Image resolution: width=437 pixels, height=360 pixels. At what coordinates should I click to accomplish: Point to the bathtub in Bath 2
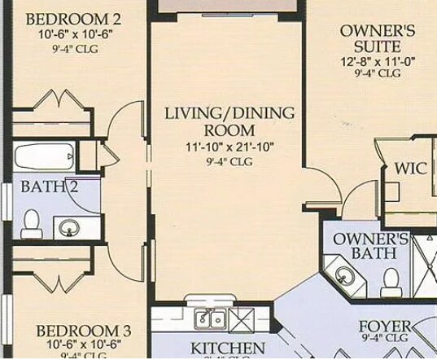tap(42, 156)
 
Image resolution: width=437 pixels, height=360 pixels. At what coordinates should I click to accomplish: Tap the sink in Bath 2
tap(67, 226)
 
